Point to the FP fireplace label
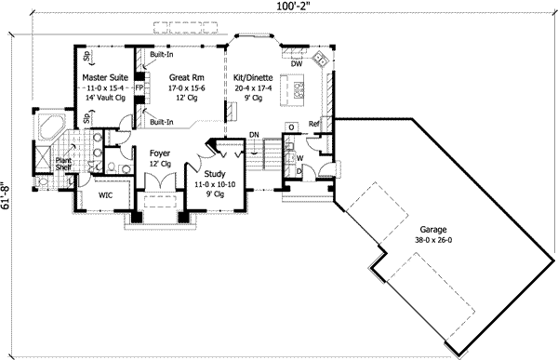tap(139, 89)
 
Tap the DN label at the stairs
tap(254, 136)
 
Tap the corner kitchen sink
tap(321, 58)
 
